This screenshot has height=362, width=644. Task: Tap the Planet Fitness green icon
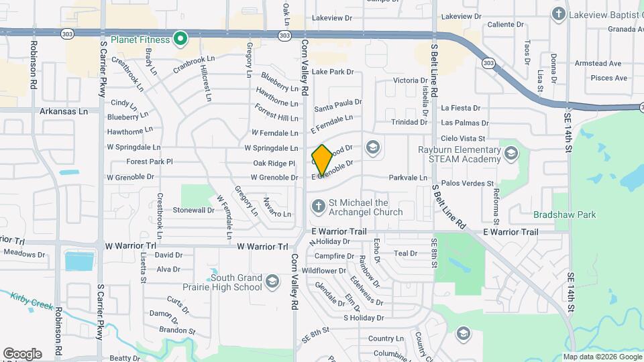coord(180,40)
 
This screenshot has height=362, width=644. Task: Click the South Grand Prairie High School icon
coord(272,280)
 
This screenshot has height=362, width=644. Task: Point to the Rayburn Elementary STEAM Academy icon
coord(511,154)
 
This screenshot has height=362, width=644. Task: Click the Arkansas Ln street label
coord(64,111)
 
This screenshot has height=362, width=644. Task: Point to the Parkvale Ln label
coord(408,178)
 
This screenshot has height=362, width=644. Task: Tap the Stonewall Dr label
coord(193,210)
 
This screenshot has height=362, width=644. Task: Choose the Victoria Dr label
coord(410,80)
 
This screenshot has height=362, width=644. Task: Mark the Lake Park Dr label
coord(332,72)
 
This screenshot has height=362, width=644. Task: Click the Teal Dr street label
coord(406,253)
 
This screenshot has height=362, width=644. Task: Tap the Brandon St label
coord(177,330)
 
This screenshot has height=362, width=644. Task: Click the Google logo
coord(22,354)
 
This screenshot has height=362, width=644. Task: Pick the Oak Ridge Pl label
coord(274,163)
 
